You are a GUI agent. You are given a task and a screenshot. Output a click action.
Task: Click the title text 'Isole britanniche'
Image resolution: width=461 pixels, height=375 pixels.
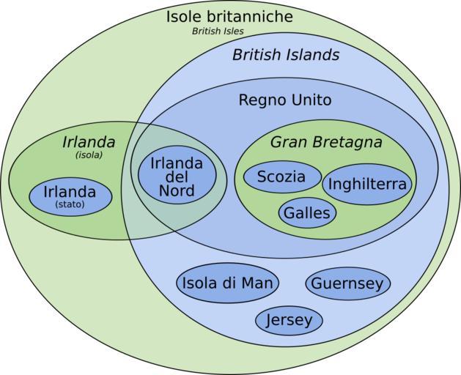click(x=229, y=16)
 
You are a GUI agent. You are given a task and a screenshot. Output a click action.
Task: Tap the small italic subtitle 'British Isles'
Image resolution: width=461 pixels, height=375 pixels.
click(x=218, y=31)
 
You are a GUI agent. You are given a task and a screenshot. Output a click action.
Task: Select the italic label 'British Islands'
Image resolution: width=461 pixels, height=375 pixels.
click(x=286, y=55)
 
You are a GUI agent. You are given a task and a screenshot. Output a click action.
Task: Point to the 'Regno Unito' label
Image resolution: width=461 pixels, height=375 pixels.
click(x=285, y=100)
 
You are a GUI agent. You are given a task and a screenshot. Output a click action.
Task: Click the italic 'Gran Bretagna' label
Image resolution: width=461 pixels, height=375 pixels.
click(x=326, y=142)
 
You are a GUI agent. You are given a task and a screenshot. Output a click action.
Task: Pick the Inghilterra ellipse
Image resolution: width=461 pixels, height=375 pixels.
click(x=367, y=185)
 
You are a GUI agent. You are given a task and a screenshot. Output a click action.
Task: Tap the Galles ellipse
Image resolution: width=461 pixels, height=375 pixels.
click(x=307, y=213)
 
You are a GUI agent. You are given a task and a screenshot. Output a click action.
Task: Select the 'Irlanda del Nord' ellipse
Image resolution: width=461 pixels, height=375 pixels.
click(x=177, y=175)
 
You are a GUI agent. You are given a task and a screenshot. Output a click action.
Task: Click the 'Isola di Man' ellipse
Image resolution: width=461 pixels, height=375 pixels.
click(x=227, y=283)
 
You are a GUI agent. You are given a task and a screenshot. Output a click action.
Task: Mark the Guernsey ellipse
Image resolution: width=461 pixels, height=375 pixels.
click(x=348, y=283)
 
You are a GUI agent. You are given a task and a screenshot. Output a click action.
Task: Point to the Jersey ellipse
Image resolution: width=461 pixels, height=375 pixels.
click(x=289, y=320)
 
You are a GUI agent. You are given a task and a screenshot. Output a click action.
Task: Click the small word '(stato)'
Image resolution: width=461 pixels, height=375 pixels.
click(x=70, y=204)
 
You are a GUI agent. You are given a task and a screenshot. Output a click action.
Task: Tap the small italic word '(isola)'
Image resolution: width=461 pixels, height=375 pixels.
click(x=89, y=155)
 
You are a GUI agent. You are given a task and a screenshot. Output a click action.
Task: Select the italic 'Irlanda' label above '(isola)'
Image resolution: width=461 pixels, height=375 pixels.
click(x=89, y=142)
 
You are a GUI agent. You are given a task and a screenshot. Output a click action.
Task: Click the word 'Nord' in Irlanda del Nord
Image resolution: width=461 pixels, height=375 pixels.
click(x=177, y=190)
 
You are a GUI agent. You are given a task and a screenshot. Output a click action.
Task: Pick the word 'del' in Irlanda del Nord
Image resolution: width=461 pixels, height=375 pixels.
click(x=177, y=177)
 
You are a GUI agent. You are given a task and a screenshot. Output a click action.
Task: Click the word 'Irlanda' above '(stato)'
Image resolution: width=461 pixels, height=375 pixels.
click(x=70, y=192)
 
